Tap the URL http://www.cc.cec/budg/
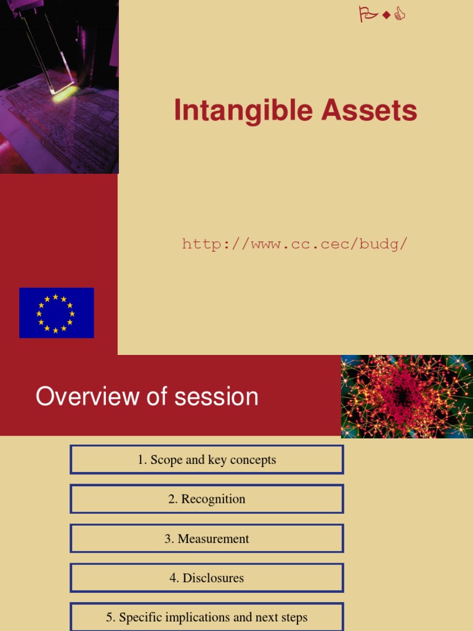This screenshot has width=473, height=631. tap(294, 244)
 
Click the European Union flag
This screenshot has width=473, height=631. tap(57, 312)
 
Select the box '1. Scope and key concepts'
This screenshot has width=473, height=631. tap(207, 460)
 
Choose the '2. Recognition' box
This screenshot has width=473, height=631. tap(207, 499)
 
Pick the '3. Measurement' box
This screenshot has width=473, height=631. tap(207, 539)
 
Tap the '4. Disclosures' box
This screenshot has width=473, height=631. tap(207, 578)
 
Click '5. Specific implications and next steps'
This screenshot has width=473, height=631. tap(207, 617)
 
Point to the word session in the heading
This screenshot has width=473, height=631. tap(216, 396)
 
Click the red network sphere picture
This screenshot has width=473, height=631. tap(406, 396)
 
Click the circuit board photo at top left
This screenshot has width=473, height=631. tap(59, 86)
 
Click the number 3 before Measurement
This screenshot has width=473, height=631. tap(168, 539)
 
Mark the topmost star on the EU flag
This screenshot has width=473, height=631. tap(55, 297)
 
